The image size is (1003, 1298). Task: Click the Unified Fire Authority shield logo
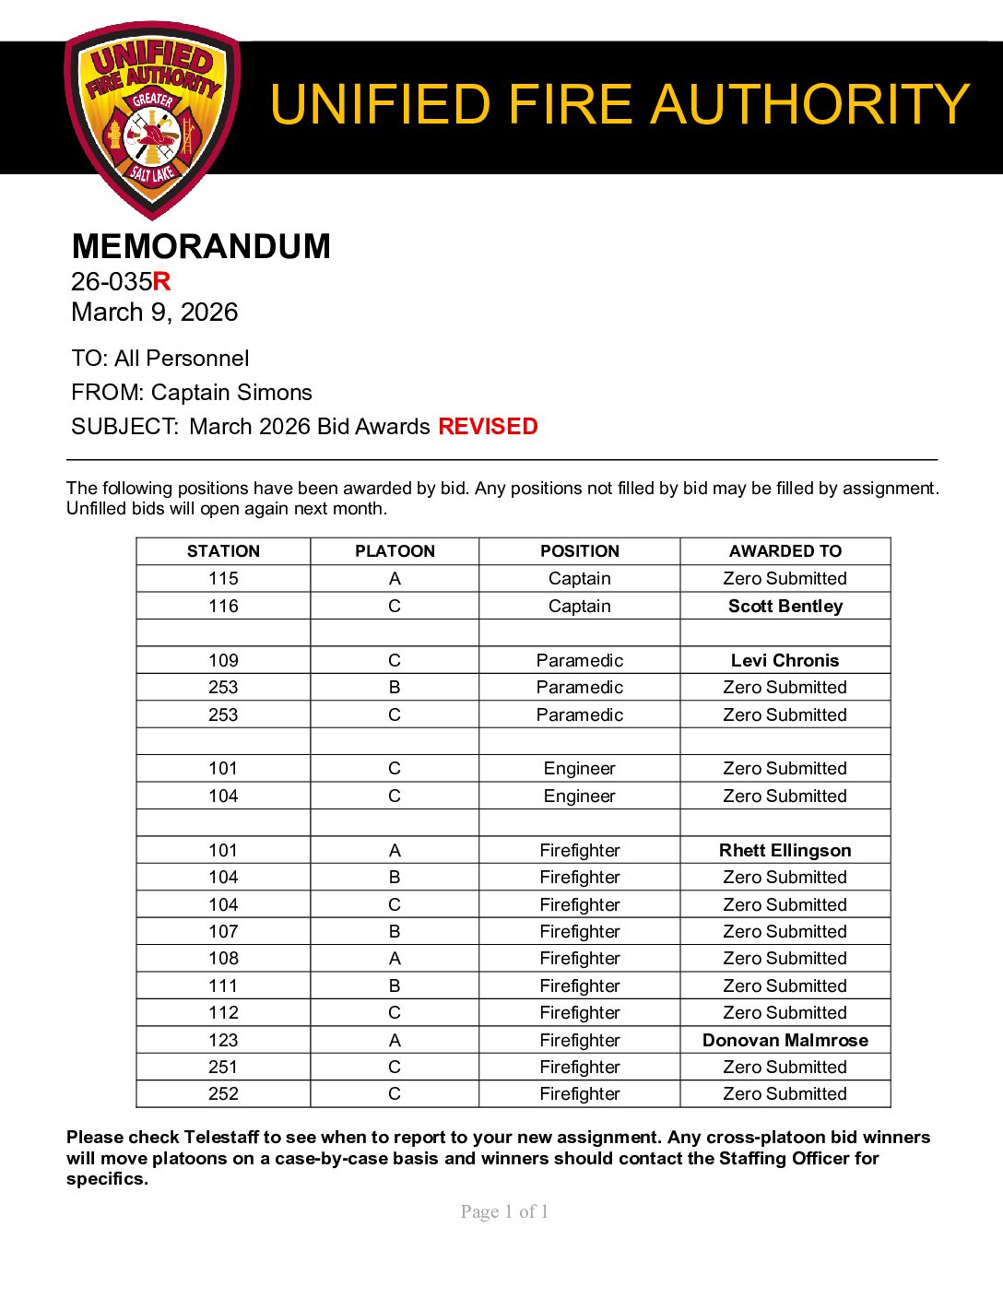pyautogui.click(x=152, y=120)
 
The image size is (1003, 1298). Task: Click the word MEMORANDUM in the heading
pyautogui.click(x=201, y=246)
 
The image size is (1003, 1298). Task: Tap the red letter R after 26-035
pyautogui.click(x=162, y=281)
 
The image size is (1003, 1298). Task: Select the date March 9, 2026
pyautogui.click(x=154, y=313)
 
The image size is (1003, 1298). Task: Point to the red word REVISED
pyautogui.click(x=488, y=427)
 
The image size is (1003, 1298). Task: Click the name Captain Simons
pyautogui.click(x=231, y=393)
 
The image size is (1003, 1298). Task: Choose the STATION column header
pyautogui.click(x=223, y=551)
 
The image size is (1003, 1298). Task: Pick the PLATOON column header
pyautogui.click(x=395, y=551)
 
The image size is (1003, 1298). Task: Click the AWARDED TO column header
pyautogui.click(x=785, y=551)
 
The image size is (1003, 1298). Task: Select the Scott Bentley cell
pyautogui.click(x=785, y=606)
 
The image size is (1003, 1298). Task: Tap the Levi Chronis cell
pyautogui.click(x=785, y=660)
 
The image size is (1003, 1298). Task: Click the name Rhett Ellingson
pyautogui.click(x=785, y=850)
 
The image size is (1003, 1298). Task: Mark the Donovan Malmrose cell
pyautogui.click(x=785, y=1040)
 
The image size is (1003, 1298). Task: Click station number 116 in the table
pyautogui.click(x=223, y=606)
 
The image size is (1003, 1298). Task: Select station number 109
pyautogui.click(x=223, y=660)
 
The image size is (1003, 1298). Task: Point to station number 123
pyautogui.click(x=223, y=1040)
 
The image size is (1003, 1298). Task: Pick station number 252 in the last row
pyautogui.click(x=223, y=1094)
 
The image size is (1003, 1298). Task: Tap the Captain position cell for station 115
pyautogui.click(x=579, y=579)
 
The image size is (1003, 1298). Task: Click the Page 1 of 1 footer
pyautogui.click(x=504, y=1212)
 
